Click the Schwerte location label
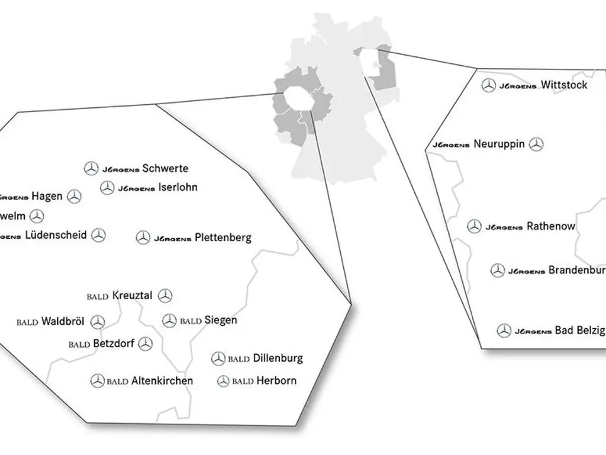click(165, 168)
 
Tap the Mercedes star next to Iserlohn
click(107, 188)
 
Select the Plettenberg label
click(223, 238)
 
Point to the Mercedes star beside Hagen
click(74, 197)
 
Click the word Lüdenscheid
click(56, 235)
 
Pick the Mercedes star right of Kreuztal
click(165, 296)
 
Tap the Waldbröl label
click(63, 322)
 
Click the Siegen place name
click(221, 321)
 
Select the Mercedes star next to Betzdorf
click(146, 344)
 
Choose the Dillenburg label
click(278, 358)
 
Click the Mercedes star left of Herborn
click(223, 382)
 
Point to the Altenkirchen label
click(162, 380)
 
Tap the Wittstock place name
click(564, 85)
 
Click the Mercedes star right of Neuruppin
click(536, 144)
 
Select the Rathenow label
click(550, 226)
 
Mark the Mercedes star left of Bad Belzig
click(504, 331)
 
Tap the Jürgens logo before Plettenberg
click(172, 239)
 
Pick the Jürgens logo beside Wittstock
click(518, 86)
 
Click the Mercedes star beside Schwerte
click(91, 169)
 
